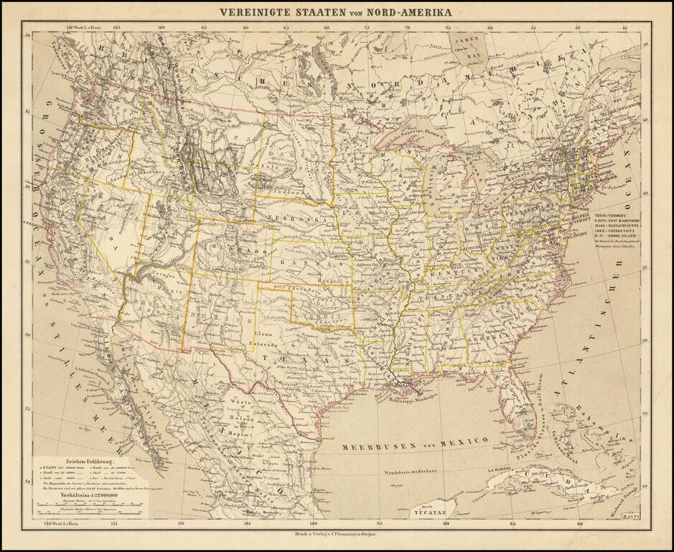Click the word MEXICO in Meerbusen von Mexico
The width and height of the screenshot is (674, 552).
[464, 441]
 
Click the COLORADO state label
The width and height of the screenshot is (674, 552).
[228, 247]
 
